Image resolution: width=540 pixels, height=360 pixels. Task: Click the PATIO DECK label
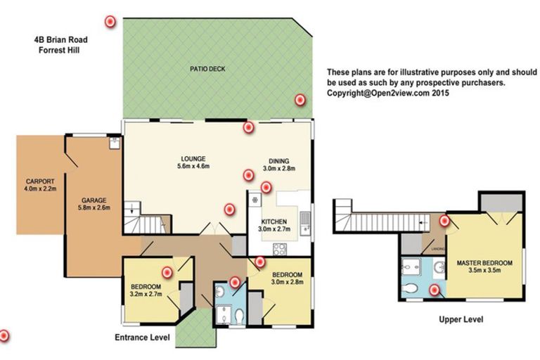207,69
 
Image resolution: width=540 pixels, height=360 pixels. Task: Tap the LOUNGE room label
193,159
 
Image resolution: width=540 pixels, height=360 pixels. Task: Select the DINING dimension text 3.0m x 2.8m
279,169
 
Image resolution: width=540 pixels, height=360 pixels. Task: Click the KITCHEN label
274,221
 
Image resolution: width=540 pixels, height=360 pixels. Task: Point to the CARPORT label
40,181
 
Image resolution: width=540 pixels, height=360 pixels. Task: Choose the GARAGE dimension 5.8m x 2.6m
94,207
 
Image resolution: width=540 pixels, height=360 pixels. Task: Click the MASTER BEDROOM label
484,263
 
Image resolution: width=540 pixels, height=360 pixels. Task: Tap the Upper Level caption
461,319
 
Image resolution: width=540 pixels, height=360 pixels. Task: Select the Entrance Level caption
142,337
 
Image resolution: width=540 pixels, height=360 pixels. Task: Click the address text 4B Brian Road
60,39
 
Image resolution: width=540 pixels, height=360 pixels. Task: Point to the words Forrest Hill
59,50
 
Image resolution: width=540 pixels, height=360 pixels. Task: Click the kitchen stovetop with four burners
280,249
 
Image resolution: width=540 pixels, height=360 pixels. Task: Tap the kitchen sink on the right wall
305,223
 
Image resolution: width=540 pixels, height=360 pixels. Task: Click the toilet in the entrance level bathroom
239,316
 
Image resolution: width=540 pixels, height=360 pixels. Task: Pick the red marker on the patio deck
300,100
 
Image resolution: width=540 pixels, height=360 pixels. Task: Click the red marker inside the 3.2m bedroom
167,273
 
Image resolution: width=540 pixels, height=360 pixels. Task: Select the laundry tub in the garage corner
115,143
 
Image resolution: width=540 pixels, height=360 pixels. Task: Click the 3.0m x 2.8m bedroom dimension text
287,282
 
